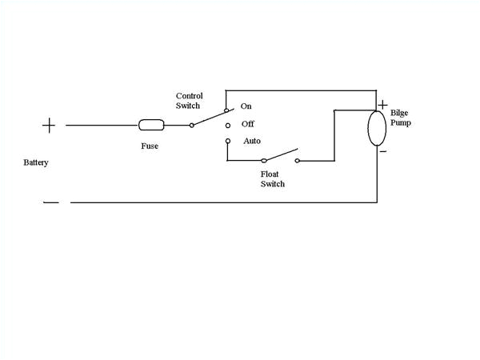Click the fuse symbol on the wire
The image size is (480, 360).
coord(151,125)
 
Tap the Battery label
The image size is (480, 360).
coord(36,162)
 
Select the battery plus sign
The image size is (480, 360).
coord(49,125)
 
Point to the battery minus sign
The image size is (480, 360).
coord(50,202)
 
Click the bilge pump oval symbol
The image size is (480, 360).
coord(377,128)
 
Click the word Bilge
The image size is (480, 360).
coord(399,114)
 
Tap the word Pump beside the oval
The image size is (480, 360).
coord(400,125)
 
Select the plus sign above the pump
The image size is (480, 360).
coord(382,105)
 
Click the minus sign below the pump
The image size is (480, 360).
coord(383,150)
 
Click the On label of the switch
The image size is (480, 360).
coord(246,106)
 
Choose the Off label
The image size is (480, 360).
coord(247,124)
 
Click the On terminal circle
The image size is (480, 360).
coord(226,108)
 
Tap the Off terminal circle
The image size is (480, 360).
coord(226,125)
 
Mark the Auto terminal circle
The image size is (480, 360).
coord(226,142)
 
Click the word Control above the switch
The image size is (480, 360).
coord(190,96)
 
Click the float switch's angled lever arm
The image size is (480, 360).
coord(280,154)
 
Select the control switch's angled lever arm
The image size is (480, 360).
coord(209,118)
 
